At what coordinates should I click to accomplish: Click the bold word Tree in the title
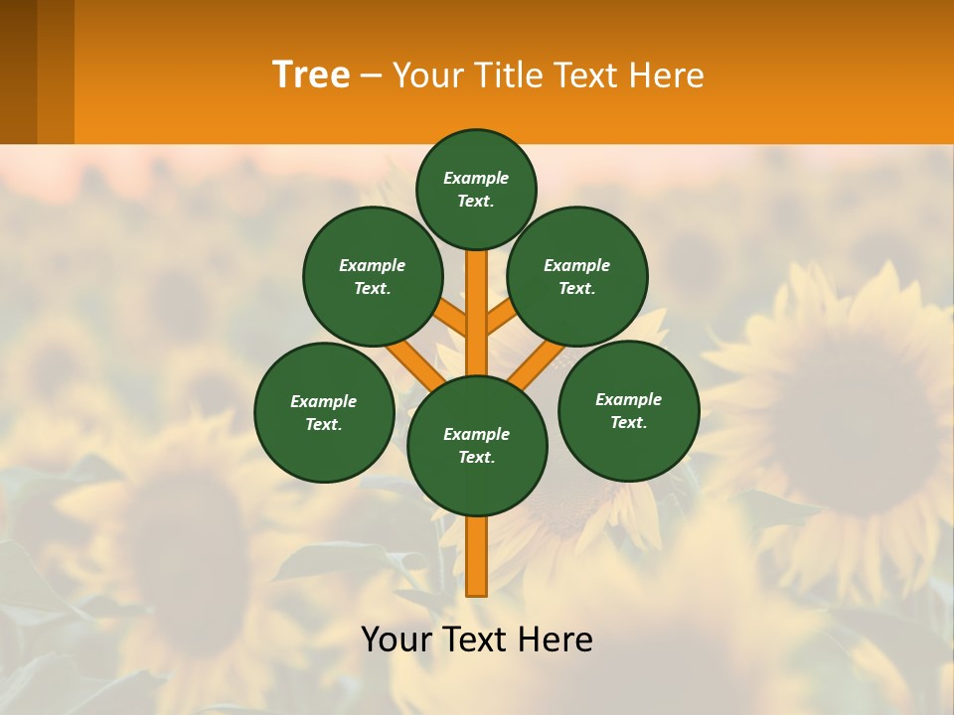[311, 75]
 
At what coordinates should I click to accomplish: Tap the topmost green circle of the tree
[476, 189]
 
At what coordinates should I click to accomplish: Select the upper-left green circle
[373, 276]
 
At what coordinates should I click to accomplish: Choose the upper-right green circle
[577, 276]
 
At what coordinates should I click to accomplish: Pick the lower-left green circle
[324, 412]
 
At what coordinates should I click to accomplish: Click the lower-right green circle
[629, 410]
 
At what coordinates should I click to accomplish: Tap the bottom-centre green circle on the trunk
[477, 446]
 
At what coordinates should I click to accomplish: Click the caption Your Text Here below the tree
[477, 640]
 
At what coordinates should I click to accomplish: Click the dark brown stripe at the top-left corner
[18, 71]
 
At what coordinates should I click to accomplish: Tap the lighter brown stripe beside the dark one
[56, 71]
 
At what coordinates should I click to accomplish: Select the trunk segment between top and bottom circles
[477, 313]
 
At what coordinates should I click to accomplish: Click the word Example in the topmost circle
[476, 178]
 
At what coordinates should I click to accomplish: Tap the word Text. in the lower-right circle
[629, 422]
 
